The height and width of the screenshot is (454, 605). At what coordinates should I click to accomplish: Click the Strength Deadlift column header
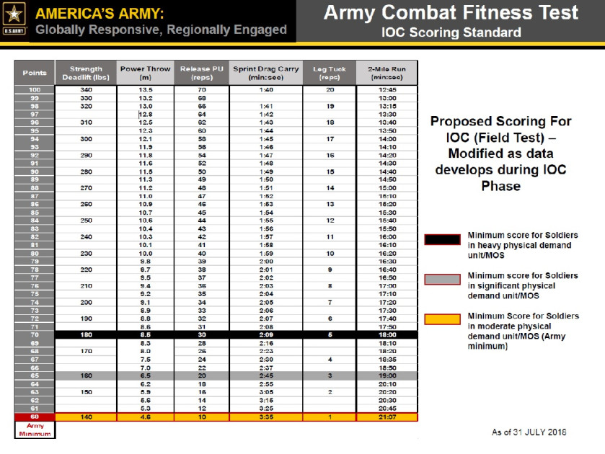[86, 73]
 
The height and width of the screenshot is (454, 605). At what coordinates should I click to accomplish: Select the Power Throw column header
[146, 73]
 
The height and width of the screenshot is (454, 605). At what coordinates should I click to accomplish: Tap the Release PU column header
[202, 73]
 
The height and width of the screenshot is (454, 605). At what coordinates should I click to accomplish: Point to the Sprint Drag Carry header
[265, 73]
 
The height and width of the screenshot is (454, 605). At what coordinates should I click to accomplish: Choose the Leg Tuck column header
[330, 73]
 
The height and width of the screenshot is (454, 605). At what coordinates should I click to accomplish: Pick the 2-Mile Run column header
[387, 73]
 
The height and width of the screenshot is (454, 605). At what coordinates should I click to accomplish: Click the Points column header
[35, 73]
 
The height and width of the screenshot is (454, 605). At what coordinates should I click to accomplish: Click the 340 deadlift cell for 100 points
[86, 90]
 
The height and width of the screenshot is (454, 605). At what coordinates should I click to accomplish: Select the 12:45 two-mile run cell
[387, 90]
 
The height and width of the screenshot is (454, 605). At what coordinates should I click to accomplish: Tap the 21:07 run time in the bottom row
[387, 417]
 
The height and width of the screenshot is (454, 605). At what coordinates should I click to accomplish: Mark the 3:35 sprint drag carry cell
[265, 417]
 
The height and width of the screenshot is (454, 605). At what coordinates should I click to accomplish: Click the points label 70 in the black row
[35, 334]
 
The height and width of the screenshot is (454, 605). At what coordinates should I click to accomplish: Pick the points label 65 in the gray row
[35, 375]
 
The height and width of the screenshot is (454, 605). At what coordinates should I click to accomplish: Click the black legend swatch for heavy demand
[441, 239]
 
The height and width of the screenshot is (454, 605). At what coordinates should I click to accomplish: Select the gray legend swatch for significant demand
[441, 280]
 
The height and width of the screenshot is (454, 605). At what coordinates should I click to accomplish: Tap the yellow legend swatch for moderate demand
[441, 319]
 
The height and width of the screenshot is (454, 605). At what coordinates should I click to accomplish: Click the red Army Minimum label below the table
[35, 430]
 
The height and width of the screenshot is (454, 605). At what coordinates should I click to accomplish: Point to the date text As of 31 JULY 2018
[529, 432]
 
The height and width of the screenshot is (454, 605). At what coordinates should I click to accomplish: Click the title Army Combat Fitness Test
[451, 13]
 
